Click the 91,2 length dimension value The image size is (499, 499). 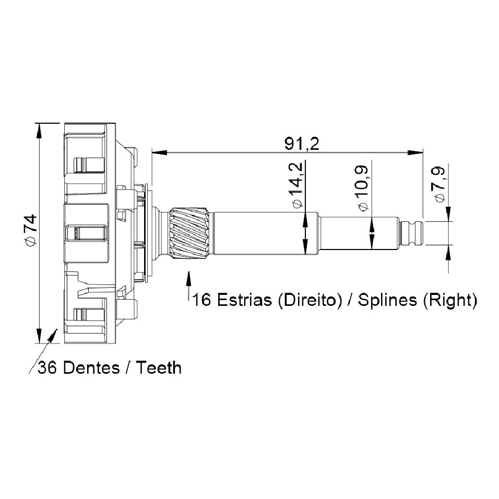click(301, 144)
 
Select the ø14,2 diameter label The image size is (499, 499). click(295, 185)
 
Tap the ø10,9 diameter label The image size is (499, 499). click(362, 188)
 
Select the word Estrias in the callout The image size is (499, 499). click(244, 300)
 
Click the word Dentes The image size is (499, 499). click(92, 368)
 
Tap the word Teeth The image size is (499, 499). click(159, 368)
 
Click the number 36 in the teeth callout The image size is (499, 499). click(47, 368)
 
